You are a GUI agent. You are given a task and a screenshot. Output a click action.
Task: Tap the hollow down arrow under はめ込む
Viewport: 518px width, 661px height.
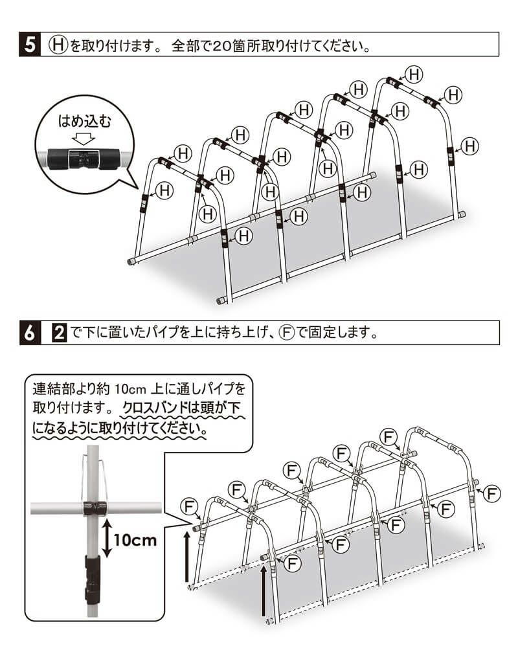(84, 138)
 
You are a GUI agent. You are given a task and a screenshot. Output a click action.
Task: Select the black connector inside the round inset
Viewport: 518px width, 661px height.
(83, 157)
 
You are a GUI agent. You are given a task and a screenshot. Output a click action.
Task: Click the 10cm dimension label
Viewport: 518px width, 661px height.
(135, 539)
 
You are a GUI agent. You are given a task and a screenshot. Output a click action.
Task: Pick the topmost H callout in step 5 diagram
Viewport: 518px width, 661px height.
(414, 74)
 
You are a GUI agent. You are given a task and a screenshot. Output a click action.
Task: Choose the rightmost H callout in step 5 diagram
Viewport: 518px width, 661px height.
(470, 146)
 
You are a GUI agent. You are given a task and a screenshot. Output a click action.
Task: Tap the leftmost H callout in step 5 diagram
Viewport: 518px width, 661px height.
(164, 190)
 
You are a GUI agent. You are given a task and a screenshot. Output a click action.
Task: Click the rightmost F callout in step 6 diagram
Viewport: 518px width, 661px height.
(493, 493)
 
